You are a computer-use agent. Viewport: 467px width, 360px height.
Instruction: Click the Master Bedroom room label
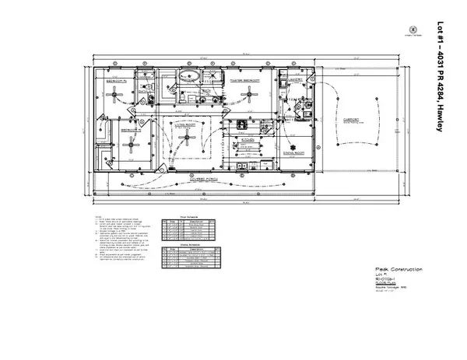pos(245,79)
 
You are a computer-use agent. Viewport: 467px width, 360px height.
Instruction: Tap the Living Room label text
pos(188,123)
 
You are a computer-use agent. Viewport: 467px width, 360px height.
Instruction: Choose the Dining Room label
pos(293,155)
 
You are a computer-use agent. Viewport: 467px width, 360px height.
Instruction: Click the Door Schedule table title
pos(187,217)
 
